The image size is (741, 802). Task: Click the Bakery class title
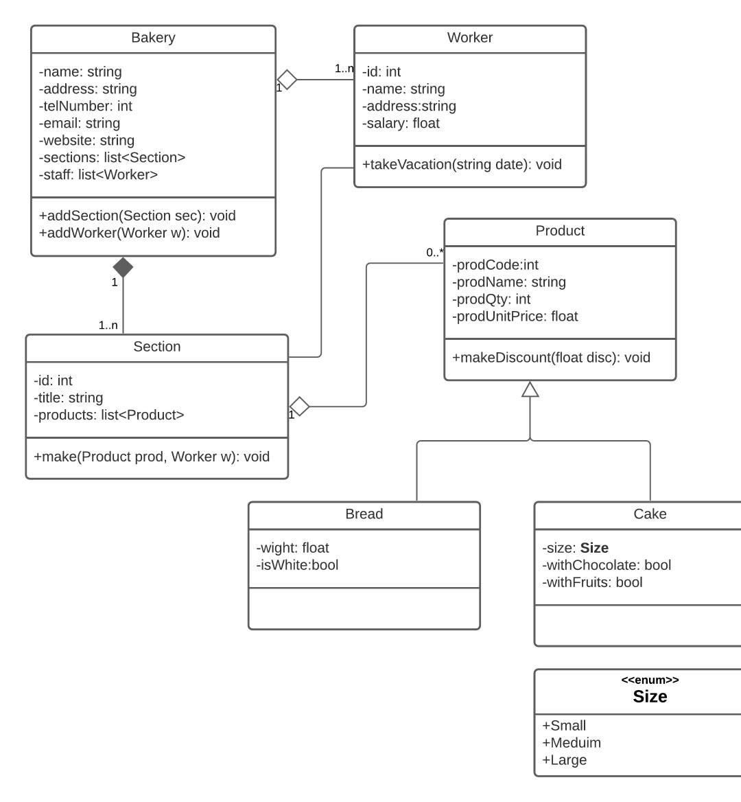153,38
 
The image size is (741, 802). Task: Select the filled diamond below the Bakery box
123,268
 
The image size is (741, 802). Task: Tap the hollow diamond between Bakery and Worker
287,80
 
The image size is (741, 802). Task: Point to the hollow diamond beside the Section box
299,406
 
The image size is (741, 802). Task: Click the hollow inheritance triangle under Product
530,389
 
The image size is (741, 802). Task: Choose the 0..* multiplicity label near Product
434,253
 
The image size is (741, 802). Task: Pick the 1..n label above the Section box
108,325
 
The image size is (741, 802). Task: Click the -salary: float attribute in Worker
401,124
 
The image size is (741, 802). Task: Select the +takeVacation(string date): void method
462,165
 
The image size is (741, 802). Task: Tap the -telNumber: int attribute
86,106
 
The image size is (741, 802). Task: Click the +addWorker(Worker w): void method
130,233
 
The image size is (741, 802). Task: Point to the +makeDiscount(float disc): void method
551,358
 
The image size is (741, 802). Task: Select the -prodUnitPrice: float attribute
515,317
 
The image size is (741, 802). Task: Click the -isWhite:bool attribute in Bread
297,565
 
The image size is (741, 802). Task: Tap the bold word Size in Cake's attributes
594,548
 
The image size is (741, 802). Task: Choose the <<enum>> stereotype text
650,680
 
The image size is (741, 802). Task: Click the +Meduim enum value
572,743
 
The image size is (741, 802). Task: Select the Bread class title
364,514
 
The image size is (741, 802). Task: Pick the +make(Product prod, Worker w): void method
152,457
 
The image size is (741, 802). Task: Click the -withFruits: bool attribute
592,582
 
